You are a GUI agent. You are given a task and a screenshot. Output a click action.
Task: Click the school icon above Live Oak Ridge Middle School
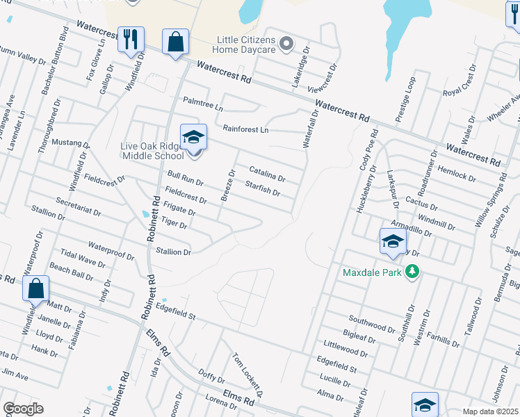[x=193, y=136]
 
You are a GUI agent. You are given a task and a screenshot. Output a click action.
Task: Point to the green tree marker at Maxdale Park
[x=413, y=271]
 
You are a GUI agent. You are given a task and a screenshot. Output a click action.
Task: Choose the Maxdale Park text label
[x=373, y=272]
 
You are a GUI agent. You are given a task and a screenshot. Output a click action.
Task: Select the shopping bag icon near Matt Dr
[x=35, y=288]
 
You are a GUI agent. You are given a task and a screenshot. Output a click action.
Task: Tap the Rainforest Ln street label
[x=245, y=129]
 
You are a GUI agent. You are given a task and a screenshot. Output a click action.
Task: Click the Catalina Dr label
[x=267, y=173]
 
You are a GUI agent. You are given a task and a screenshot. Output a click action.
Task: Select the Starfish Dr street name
[x=263, y=188]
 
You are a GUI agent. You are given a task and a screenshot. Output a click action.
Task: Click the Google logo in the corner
[x=23, y=409]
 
